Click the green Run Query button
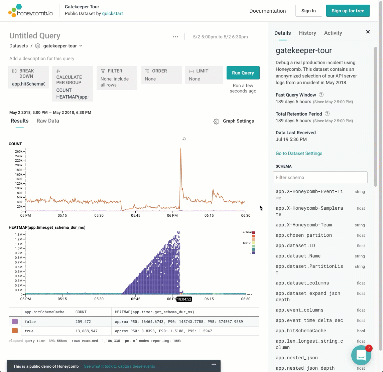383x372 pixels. click(x=243, y=73)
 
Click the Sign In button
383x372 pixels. click(x=308, y=11)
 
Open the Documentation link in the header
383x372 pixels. click(x=267, y=11)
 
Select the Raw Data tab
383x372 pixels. click(x=48, y=121)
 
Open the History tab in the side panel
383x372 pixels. click(x=307, y=33)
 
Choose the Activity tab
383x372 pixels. click(x=333, y=33)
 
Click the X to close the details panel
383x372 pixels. click(x=368, y=32)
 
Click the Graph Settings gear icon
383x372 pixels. click(x=216, y=121)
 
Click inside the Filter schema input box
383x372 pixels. click(x=320, y=177)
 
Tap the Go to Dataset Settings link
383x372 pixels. click(x=299, y=153)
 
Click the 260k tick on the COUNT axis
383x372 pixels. click(x=19, y=151)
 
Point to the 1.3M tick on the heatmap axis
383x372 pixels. click(x=18, y=234)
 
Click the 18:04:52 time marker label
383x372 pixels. click(x=184, y=299)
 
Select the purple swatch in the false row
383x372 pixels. click(x=15, y=322)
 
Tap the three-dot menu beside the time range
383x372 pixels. click(x=175, y=37)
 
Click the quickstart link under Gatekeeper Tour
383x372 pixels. click(x=112, y=13)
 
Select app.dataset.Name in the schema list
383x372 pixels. click(x=298, y=256)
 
